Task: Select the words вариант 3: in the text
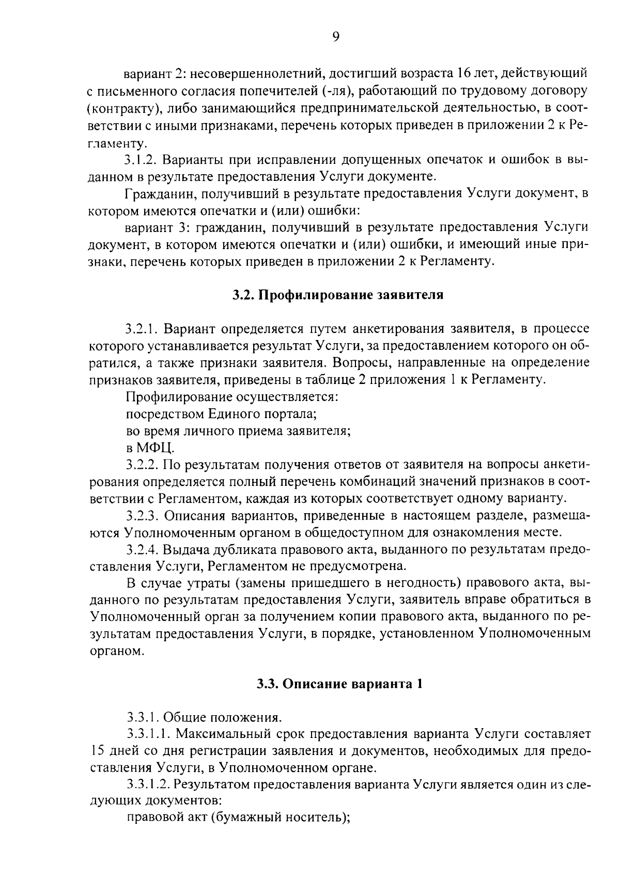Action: coord(152,227)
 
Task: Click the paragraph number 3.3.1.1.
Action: coord(147,735)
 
